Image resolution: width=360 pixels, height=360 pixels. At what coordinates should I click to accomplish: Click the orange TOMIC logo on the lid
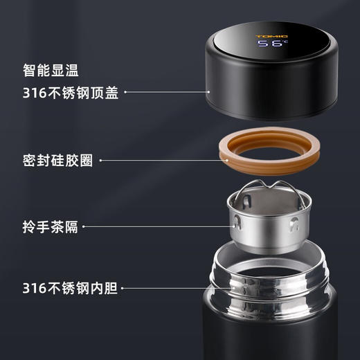(x=271, y=35)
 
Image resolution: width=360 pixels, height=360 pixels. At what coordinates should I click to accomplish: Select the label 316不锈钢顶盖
(x=69, y=93)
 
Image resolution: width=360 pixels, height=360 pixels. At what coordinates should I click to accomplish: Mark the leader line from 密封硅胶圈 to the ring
(x=159, y=161)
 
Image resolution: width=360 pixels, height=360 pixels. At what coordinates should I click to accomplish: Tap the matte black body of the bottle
(x=270, y=339)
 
